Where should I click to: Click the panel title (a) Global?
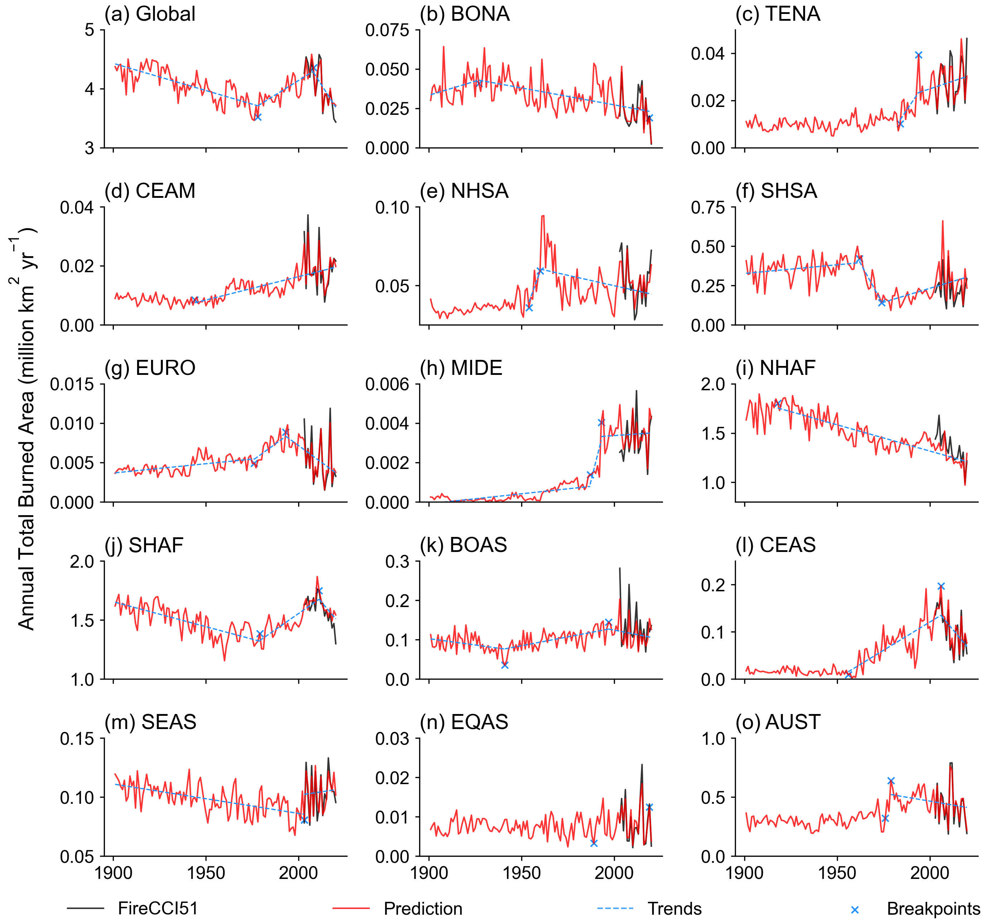(x=150, y=14)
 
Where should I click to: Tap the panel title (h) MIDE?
(x=461, y=368)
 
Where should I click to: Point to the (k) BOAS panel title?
(x=463, y=545)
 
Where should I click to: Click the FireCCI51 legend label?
(x=158, y=909)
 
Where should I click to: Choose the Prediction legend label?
(x=423, y=909)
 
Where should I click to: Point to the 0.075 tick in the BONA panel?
(x=387, y=30)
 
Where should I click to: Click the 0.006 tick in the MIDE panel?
(x=387, y=385)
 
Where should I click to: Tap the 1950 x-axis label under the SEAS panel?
(x=205, y=873)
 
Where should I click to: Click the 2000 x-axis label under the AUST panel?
(x=929, y=873)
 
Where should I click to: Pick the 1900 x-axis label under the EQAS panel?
(x=429, y=873)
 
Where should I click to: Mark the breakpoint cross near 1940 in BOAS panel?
(x=505, y=665)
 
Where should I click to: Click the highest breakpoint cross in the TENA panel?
(x=918, y=55)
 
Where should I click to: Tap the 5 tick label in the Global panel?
(x=89, y=30)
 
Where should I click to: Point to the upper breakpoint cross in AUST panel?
(x=891, y=781)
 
